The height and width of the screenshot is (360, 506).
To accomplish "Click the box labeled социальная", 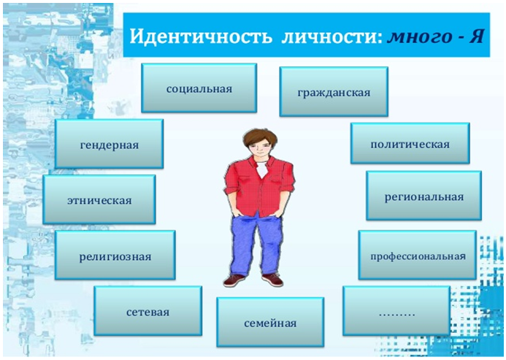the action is [x=199, y=88].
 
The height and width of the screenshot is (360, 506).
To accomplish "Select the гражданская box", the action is [x=334, y=92].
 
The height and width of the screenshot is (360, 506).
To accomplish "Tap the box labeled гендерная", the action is [x=109, y=144].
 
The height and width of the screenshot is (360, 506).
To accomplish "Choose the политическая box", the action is [x=410, y=143].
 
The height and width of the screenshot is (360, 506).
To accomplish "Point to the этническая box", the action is [x=99, y=199].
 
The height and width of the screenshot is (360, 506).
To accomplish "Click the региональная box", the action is [x=423, y=196].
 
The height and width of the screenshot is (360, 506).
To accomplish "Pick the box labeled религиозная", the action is [x=115, y=255].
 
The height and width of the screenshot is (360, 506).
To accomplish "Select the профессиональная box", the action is [x=417, y=255].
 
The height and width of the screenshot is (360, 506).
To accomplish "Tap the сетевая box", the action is [x=147, y=311].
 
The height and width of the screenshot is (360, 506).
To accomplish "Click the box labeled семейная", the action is [x=270, y=322].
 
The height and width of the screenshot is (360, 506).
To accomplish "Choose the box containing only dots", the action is [x=396, y=311].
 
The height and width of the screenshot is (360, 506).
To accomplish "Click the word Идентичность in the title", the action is [x=201, y=37].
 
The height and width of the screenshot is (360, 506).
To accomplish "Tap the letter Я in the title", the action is [x=476, y=37].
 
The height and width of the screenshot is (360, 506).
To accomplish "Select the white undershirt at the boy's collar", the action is [x=262, y=169].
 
